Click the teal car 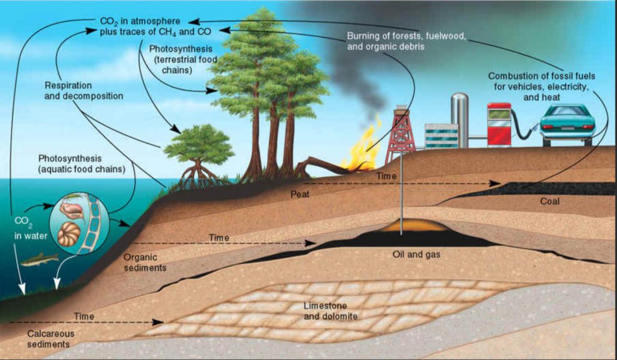point(568,124)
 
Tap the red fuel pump point(498,125)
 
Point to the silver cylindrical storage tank point(459,119)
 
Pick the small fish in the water point(40,260)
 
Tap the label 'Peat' point(300,195)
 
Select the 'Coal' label point(550,201)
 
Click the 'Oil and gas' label point(416,254)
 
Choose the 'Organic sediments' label point(145,262)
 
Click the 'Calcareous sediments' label point(48,338)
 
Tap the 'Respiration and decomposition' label point(84,90)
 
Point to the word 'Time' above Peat point(387,175)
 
